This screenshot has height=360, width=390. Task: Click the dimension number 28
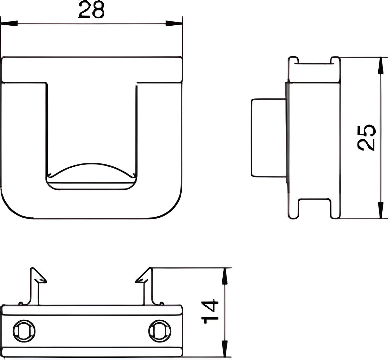[91, 9]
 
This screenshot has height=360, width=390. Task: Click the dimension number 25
[366, 138]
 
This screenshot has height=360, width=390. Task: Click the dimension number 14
[210, 312]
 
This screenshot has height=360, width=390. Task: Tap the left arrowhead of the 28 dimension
[9, 23]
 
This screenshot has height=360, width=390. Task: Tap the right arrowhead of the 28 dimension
[174, 23]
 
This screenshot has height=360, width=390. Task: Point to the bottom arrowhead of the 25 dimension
[381, 210]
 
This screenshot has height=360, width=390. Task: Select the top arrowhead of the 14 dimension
[225, 276]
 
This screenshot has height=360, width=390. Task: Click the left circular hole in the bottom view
[24, 331]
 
